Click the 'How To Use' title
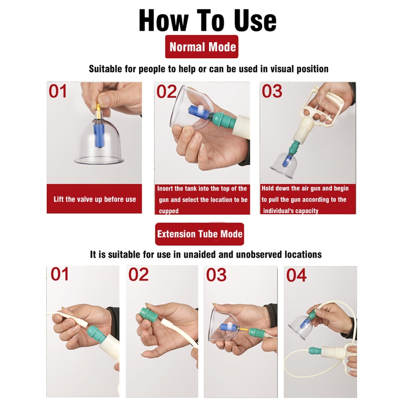click(208, 21)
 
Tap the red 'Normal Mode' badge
click(202, 47)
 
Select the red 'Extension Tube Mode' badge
click(199, 234)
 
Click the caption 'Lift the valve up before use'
click(94, 199)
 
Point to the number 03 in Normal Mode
click(272, 91)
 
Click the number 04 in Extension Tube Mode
click(296, 275)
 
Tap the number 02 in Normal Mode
click(167, 92)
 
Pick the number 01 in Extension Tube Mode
click(59, 274)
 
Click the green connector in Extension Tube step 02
click(145, 316)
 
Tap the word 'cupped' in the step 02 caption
click(168, 211)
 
